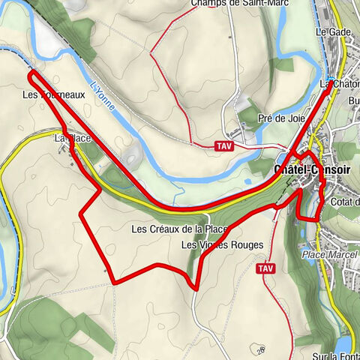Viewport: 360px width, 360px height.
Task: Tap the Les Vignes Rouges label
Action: (x=222, y=245)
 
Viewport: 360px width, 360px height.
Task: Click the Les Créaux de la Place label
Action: (x=179, y=229)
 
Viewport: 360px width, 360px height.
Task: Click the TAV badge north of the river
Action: (x=223, y=145)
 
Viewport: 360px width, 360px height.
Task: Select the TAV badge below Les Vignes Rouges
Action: (x=265, y=268)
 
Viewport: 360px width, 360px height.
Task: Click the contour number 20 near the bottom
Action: (x=260, y=349)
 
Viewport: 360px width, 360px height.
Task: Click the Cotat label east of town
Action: (x=344, y=202)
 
